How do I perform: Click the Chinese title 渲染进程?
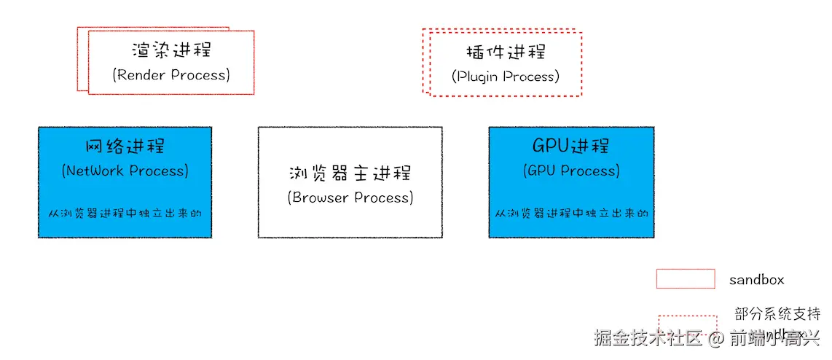[x=171, y=50]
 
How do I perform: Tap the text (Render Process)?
[x=171, y=74]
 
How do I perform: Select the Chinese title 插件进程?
[x=505, y=52]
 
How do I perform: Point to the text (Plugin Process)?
[x=505, y=76]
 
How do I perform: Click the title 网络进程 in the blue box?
[x=125, y=146]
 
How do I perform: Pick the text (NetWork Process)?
[x=125, y=171]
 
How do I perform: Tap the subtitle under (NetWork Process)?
[x=125, y=214]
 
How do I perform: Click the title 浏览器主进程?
[x=350, y=173]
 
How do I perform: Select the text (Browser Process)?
[x=350, y=197]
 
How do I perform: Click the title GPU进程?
[x=570, y=146]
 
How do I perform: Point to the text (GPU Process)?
[x=571, y=171]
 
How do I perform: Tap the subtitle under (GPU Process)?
[x=571, y=214]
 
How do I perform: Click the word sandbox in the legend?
[x=756, y=279]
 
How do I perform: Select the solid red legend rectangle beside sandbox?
[x=685, y=278]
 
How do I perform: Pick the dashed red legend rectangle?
[x=687, y=325]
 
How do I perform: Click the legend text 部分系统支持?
[x=777, y=314]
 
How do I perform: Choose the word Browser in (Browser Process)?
[x=321, y=197]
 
